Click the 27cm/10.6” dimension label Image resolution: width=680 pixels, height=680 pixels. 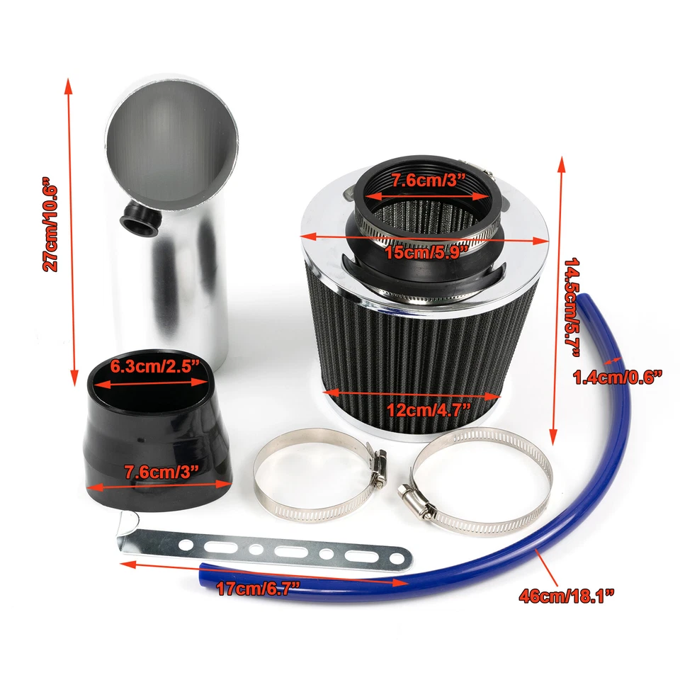[51, 225]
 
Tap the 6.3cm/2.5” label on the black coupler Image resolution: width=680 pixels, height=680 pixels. [151, 368]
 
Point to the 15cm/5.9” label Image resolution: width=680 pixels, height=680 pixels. [426, 251]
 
